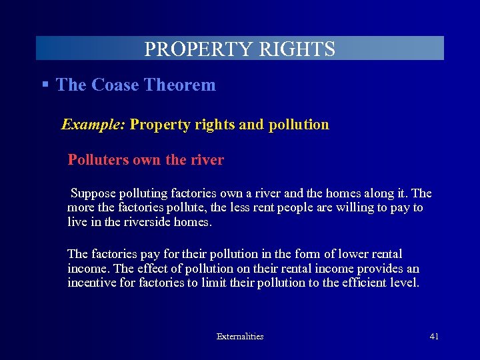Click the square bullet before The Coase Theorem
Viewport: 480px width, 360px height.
45,85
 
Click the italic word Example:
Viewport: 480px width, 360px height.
93,125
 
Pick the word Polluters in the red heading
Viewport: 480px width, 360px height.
99,160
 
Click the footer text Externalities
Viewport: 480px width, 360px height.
240,337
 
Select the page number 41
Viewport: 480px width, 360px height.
434,337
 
